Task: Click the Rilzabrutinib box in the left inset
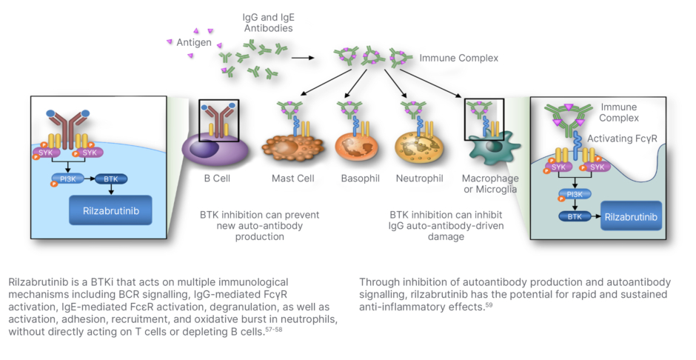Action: [x=110, y=210]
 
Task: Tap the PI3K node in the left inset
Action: [x=67, y=179]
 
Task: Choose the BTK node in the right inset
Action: [x=575, y=218]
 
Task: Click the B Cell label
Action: [x=218, y=179]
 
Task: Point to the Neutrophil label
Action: [x=419, y=179]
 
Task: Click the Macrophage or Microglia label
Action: [x=490, y=184]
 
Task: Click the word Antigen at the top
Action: [x=194, y=42]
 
